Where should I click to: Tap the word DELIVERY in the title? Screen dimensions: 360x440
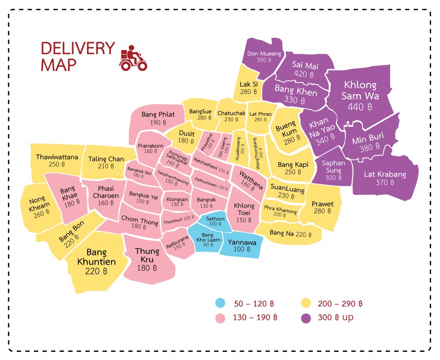click(x=77, y=48)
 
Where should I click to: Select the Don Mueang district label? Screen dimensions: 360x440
click(x=264, y=54)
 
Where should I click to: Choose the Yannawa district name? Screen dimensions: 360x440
click(x=242, y=242)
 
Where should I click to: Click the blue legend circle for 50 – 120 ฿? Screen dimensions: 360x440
click(x=220, y=304)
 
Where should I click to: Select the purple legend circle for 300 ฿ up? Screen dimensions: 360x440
click(x=306, y=318)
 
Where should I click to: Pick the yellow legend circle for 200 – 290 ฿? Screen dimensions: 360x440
click(x=306, y=304)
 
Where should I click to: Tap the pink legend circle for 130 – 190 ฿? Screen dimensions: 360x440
click(x=220, y=318)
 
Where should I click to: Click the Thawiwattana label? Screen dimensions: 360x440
click(x=57, y=157)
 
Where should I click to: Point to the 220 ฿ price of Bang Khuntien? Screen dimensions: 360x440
click(x=96, y=271)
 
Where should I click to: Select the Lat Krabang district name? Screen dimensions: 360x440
click(x=385, y=174)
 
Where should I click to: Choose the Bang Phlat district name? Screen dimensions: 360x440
click(x=158, y=114)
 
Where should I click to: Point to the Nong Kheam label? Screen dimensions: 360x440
click(x=40, y=203)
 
